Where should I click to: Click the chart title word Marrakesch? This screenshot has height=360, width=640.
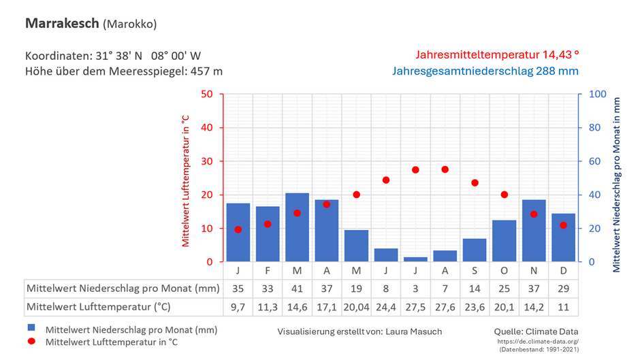(62, 23)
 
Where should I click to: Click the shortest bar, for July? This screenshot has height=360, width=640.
(415, 259)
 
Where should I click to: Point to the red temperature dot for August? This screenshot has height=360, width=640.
(445, 169)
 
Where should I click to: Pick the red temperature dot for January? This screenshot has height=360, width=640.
(238, 229)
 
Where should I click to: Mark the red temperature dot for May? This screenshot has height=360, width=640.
(356, 195)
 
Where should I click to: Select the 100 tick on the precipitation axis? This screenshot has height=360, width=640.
(596, 94)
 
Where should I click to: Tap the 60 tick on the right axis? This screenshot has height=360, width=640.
(594, 161)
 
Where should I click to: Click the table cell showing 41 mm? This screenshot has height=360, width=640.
(297, 288)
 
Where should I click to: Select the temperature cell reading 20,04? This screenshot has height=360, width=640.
(356, 306)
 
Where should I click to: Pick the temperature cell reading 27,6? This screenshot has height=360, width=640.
(445, 306)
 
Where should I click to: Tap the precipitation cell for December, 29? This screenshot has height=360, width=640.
(563, 288)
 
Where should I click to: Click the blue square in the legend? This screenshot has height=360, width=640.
(31, 329)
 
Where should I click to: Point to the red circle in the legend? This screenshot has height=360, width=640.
(31, 342)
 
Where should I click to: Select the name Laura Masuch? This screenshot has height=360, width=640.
(413, 332)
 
